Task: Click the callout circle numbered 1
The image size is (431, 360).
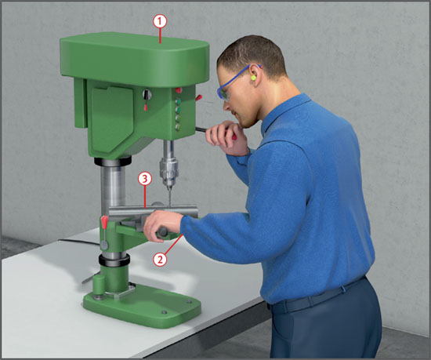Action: click(x=160, y=21)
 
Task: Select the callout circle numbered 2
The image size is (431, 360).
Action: click(x=160, y=259)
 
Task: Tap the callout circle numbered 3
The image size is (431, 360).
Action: click(x=145, y=179)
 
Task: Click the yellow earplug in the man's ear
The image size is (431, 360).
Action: click(x=253, y=78)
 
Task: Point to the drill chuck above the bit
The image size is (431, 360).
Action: click(x=168, y=171)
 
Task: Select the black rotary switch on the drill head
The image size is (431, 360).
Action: click(x=147, y=95)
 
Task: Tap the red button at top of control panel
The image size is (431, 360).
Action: click(x=179, y=90)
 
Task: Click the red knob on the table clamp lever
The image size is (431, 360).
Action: click(x=104, y=222)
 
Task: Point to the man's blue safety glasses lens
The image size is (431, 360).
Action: click(x=223, y=93)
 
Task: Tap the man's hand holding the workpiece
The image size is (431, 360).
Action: click(x=162, y=226)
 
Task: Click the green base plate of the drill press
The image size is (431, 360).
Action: click(x=143, y=304)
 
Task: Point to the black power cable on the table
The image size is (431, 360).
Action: click(x=80, y=242)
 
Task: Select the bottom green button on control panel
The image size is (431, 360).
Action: click(x=178, y=126)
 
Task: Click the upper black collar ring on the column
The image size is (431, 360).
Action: click(x=113, y=162)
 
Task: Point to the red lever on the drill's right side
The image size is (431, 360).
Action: click(x=199, y=97)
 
